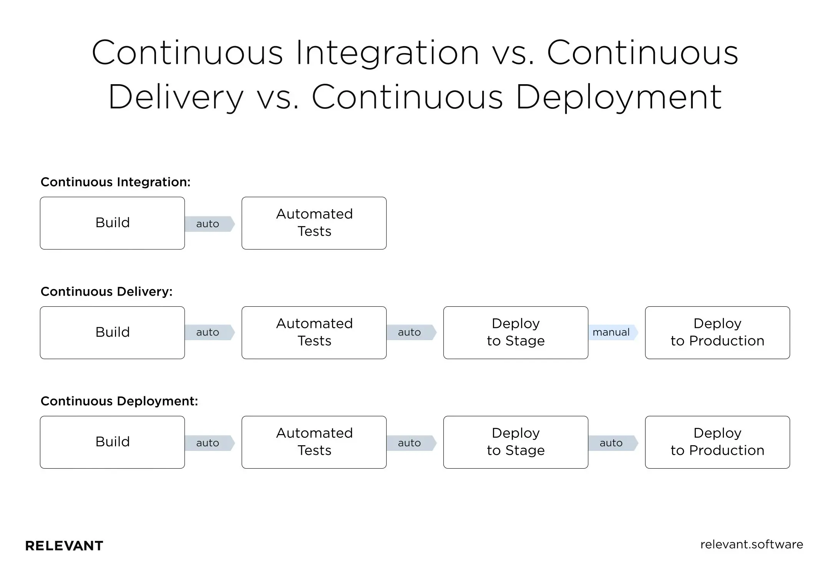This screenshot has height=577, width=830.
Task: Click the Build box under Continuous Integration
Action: point(112,223)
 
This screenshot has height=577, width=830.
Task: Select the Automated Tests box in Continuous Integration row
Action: point(314,223)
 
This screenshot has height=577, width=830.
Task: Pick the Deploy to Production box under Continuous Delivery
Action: point(717,333)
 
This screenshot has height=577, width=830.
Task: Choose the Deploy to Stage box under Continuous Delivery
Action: point(515,333)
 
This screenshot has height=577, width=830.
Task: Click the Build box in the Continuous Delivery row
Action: point(112,333)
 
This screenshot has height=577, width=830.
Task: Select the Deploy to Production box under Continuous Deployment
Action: point(717,442)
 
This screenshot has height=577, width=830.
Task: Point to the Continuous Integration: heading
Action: point(115,182)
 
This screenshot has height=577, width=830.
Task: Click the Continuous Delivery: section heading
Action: point(106,291)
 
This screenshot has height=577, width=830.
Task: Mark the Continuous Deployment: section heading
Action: point(119,401)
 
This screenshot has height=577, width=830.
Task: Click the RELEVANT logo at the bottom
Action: point(64,545)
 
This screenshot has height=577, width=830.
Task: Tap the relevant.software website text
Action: point(751,544)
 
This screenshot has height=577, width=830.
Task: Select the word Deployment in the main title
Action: point(619,97)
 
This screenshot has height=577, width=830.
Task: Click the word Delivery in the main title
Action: point(176,97)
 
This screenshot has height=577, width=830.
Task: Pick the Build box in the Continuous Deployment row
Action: point(112,442)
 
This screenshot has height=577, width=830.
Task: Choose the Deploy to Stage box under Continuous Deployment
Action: point(515,442)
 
